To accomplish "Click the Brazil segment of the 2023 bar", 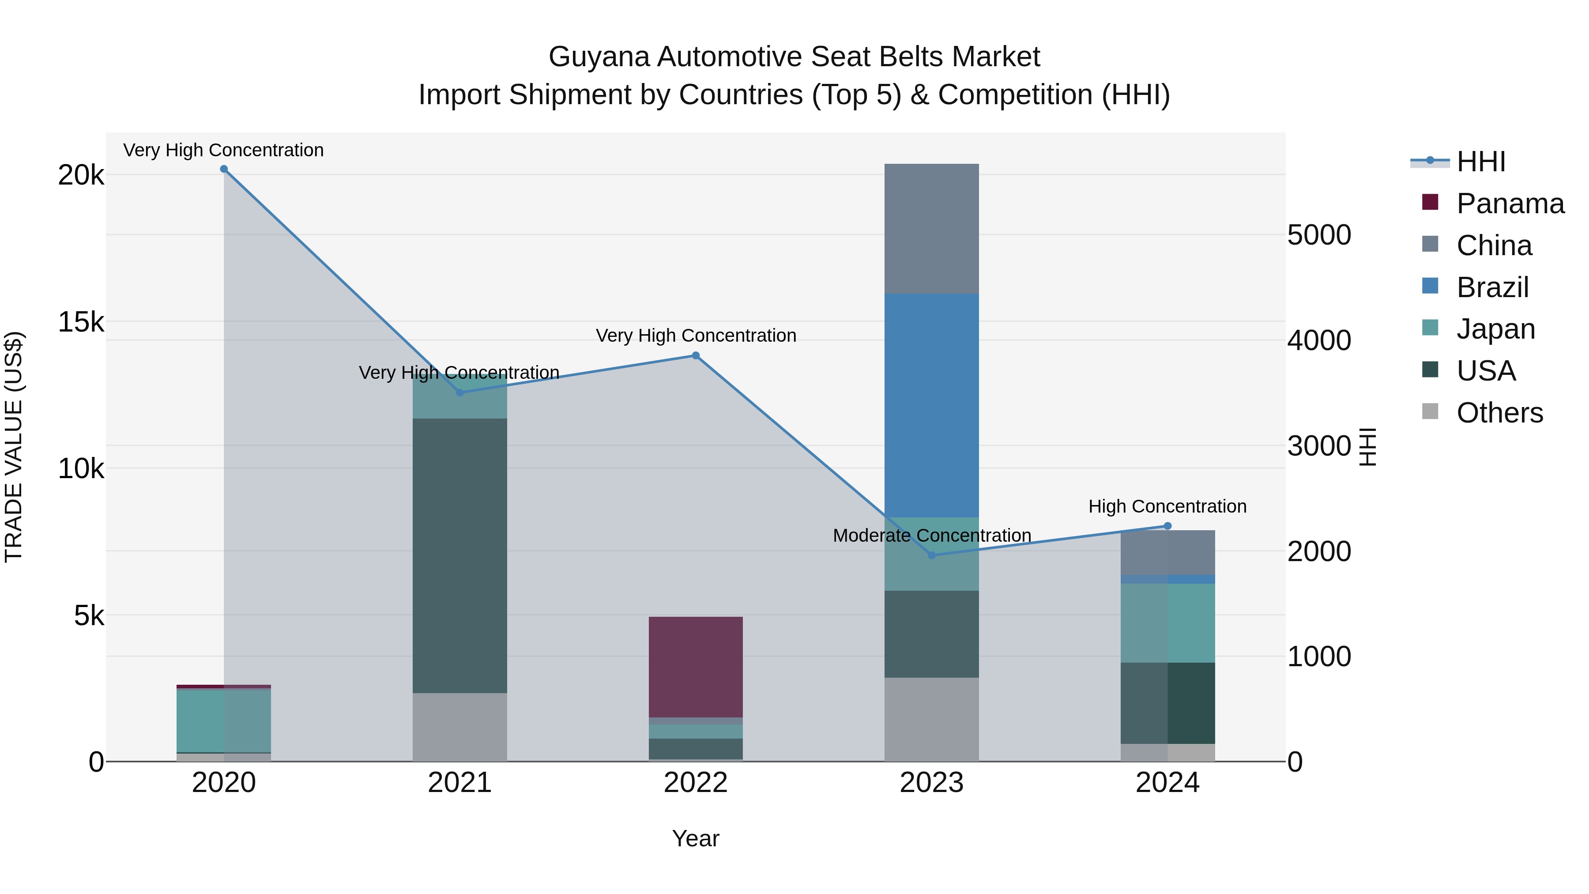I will (931, 405).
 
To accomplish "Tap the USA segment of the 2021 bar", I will (459, 555).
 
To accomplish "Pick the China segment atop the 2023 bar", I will (931, 228).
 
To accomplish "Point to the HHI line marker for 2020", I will (224, 169).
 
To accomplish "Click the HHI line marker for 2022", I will (695, 355).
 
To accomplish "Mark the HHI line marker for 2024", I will (1167, 526).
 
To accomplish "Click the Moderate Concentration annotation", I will (931, 536).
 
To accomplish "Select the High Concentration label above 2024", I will (1167, 506).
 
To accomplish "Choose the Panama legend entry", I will (1510, 204).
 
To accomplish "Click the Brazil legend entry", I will (1492, 287).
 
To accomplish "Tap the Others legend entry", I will (1499, 413).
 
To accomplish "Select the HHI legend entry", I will (1480, 162).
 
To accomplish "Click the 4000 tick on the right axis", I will (1319, 340).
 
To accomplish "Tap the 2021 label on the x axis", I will (459, 783).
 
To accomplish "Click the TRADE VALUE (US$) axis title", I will (14, 447).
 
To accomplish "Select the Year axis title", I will (695, 838).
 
